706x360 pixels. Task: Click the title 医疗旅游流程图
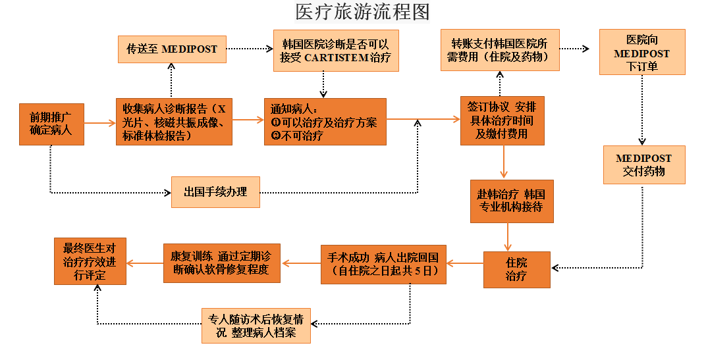[362, 12]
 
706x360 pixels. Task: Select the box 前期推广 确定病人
[51, 123]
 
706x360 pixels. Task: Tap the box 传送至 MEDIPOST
[171, 49]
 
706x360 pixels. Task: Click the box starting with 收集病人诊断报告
[174, 122]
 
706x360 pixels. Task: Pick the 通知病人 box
[325, 122]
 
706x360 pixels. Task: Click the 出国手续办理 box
[215, 192]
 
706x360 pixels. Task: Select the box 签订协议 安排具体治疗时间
[502, 120]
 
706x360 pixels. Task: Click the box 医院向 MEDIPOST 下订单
[641, 52]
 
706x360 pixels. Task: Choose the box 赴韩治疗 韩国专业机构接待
[511, 201]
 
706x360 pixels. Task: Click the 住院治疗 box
[516, 269]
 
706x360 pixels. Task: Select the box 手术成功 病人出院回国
[383, 265]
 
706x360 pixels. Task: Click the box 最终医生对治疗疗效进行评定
[90, 261]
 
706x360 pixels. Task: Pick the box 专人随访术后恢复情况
[256, 326]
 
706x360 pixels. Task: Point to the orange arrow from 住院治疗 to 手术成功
[465, 264]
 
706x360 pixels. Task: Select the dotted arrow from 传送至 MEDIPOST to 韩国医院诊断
[249, 49]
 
